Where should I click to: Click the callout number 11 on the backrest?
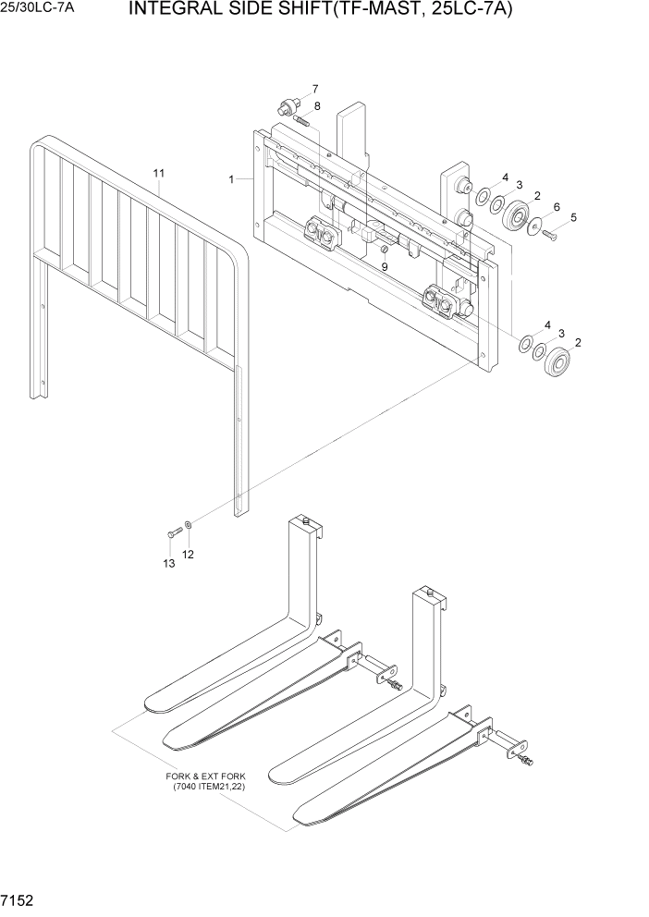(x=159, y=173)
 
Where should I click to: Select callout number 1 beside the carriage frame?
(x=231, y=179)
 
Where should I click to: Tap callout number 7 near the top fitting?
(x=314, y=89)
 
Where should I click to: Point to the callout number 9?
(x=385, y=266)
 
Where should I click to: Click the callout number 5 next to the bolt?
(x=572, y=217)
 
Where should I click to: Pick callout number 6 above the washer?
(x=556, y=206)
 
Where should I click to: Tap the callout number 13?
(x=168, y=563)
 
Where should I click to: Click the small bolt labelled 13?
(x=173, y=533)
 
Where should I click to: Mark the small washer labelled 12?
(x=189, y=525)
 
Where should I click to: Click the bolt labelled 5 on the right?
(x=550, y=235)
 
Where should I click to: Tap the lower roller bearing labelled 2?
(x=557, y=361)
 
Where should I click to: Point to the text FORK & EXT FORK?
(x=202, y=776)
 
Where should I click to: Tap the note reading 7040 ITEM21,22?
(x=209, y=787)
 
